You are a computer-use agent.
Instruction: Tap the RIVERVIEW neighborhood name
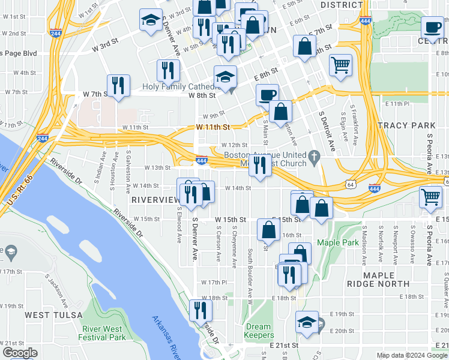155,199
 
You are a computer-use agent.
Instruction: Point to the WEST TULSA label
49,315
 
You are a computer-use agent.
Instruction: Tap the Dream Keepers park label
259,331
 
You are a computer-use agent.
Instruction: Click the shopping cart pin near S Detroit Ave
341,65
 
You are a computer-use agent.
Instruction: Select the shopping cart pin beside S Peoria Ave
431,197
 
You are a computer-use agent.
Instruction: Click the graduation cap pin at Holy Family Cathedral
226,77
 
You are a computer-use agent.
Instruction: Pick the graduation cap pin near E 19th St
307,322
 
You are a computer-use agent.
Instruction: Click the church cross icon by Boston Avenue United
313,159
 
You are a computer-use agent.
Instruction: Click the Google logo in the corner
19,353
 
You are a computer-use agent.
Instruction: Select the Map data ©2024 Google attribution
412,355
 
